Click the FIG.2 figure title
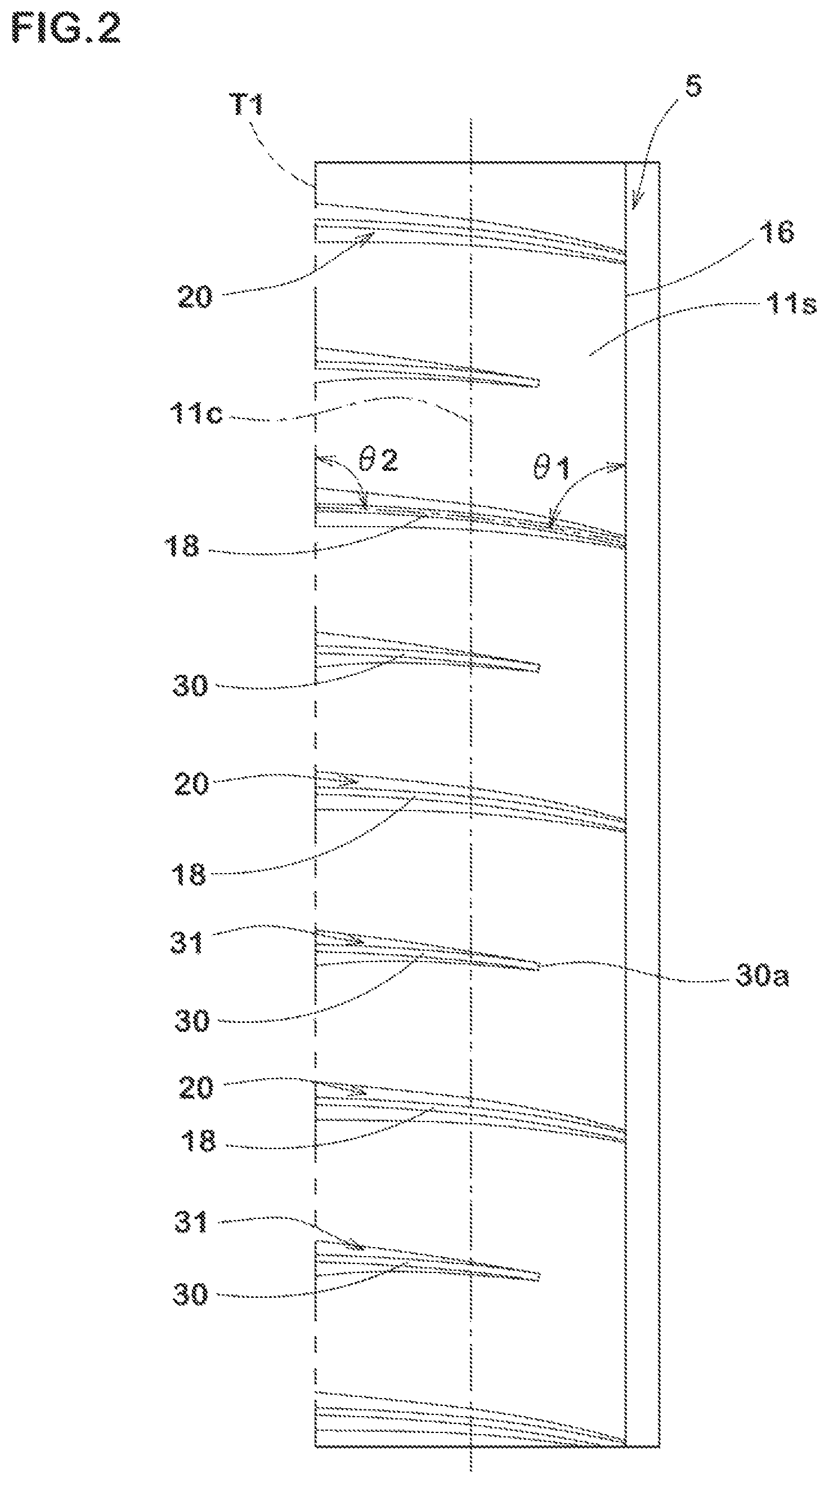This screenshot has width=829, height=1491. (x=66, y=28)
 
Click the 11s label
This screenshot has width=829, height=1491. (x=791, y=304)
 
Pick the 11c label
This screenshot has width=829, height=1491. (x=196, y=414)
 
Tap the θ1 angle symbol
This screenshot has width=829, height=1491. (x=552, y=468)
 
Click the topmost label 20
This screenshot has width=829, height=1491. (x=195, y=298)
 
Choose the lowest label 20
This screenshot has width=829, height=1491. (x=196, y=1088)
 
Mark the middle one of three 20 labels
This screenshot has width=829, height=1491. (x=191, y=785)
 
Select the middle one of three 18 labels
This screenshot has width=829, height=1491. (x=189, y=874)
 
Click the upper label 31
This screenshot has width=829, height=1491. (x=187, y=942)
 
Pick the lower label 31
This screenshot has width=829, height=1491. (x=191, y=1223)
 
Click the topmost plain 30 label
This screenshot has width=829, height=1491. (x=190, y=686)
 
